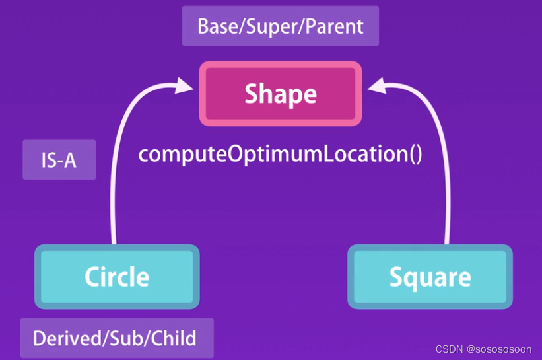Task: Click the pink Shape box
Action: pyautogui.click(x=281, y=93)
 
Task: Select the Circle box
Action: pyautogui.click(x=117, y=277)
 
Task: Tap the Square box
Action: pyautogui.click(x=430, y=277)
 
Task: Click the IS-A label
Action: pyautogui.click(x=59, y=160)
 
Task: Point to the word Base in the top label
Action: pyautogui.click(x=218, y=26)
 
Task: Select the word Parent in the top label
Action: pyautogui.click(x=335, y=26)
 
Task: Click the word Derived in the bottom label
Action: pyautogui.click(x=67, y=338)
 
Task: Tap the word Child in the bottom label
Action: pyautogui.click(x=174, y=338)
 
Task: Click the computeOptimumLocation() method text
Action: pyautogui.click(x=280, y=154)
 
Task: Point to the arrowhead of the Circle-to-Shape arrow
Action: pyautogui.click(x=184, y=85)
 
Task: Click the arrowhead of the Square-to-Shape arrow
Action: pyautogui.click(x=376, y=85)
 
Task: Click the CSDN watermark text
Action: pyautogui.click(x=449, y=349)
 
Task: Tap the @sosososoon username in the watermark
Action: pyautogui.click(x=499, y=349)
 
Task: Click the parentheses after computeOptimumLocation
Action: pyautogui.click(x=416, y=154)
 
